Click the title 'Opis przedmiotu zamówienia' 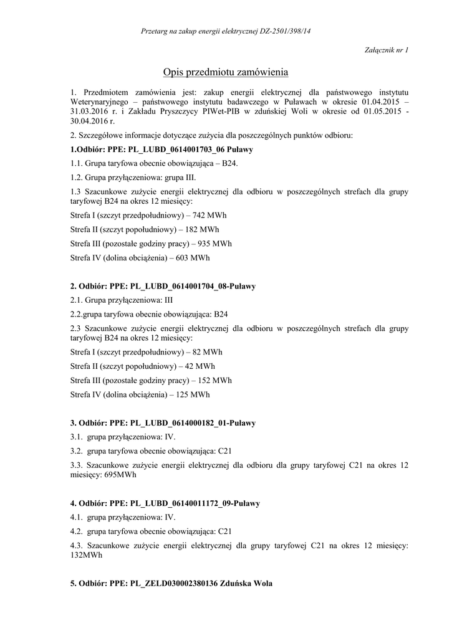[x=226, y=73]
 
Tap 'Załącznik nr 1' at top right [x=385, y=49]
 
